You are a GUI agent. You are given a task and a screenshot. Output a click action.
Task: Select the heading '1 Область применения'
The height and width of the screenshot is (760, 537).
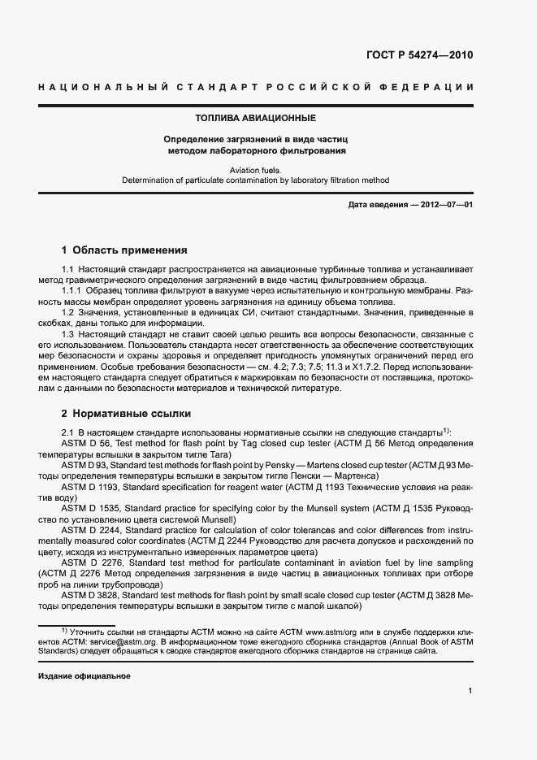pos(119,250)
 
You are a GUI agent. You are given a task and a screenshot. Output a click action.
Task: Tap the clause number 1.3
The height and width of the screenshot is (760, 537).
pos(70,334)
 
